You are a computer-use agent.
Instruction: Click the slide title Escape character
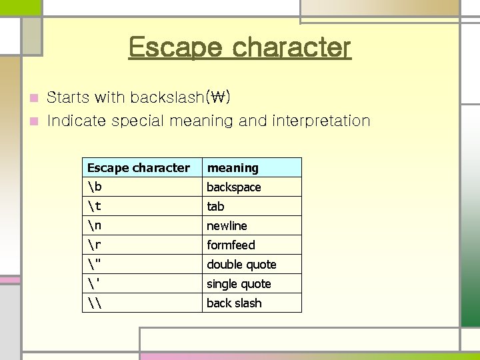click(239, 47)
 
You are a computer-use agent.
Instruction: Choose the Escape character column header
click(139, 168)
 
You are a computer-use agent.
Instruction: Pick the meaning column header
click(233, 168)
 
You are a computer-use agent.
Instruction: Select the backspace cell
click(233, 187)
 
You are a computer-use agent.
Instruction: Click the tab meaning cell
click(215, 207)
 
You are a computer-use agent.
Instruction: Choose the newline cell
click(227, 226)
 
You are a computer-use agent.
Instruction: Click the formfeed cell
click(231, 245)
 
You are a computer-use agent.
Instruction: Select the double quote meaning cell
click(241, 265)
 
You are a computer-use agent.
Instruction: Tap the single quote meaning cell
click(239, 284)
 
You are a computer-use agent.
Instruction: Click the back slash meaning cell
click(234, 303)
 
